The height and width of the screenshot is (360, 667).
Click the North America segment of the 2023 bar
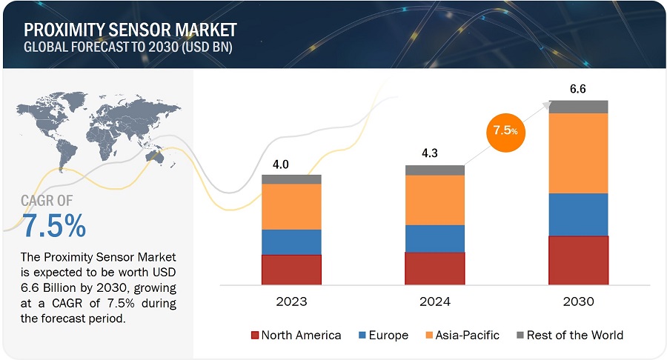point(291,270)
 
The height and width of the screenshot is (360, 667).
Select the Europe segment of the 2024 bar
point(435,239)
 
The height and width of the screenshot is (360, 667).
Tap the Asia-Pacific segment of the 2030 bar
point(578,153)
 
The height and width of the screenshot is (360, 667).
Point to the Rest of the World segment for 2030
point(578,106)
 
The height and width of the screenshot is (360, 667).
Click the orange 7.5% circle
point(506,130)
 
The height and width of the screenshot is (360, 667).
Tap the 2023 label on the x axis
point(291,302)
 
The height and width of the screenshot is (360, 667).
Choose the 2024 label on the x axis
point(435,302)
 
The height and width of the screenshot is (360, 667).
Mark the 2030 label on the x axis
point(578,302)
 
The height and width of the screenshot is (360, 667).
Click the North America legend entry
point(296,335)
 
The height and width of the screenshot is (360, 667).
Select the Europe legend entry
point(382,335)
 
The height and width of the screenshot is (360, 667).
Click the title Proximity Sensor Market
point(130,30)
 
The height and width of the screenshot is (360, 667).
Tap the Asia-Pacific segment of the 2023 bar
point(291,207)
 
